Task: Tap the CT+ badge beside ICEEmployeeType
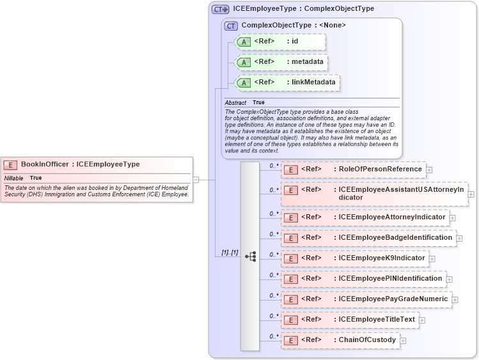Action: (x=220, y=9)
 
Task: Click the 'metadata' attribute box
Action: (x=282, y=62)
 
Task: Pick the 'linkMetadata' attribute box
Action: (x=287, y=82)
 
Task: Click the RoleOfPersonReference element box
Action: (x=354, y=169)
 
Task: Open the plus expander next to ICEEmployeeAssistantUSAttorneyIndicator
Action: (x=471, y=194)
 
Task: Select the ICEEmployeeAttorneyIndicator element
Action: (x=365, y=217)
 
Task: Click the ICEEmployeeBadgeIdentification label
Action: (x=395, y=237)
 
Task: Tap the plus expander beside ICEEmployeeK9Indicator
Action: (x=432, y=259)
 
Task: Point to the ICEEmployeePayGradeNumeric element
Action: (x=366, y=299)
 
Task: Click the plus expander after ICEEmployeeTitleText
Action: (x=422, y=320)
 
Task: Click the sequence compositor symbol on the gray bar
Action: (x=250, y=256)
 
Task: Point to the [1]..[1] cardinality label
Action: (x=230, y=253)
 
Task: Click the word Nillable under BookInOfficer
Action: (x=14, y=178)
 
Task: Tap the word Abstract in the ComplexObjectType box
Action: (x=235, y=102)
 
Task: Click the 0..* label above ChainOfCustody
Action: (x=274, y=336)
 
